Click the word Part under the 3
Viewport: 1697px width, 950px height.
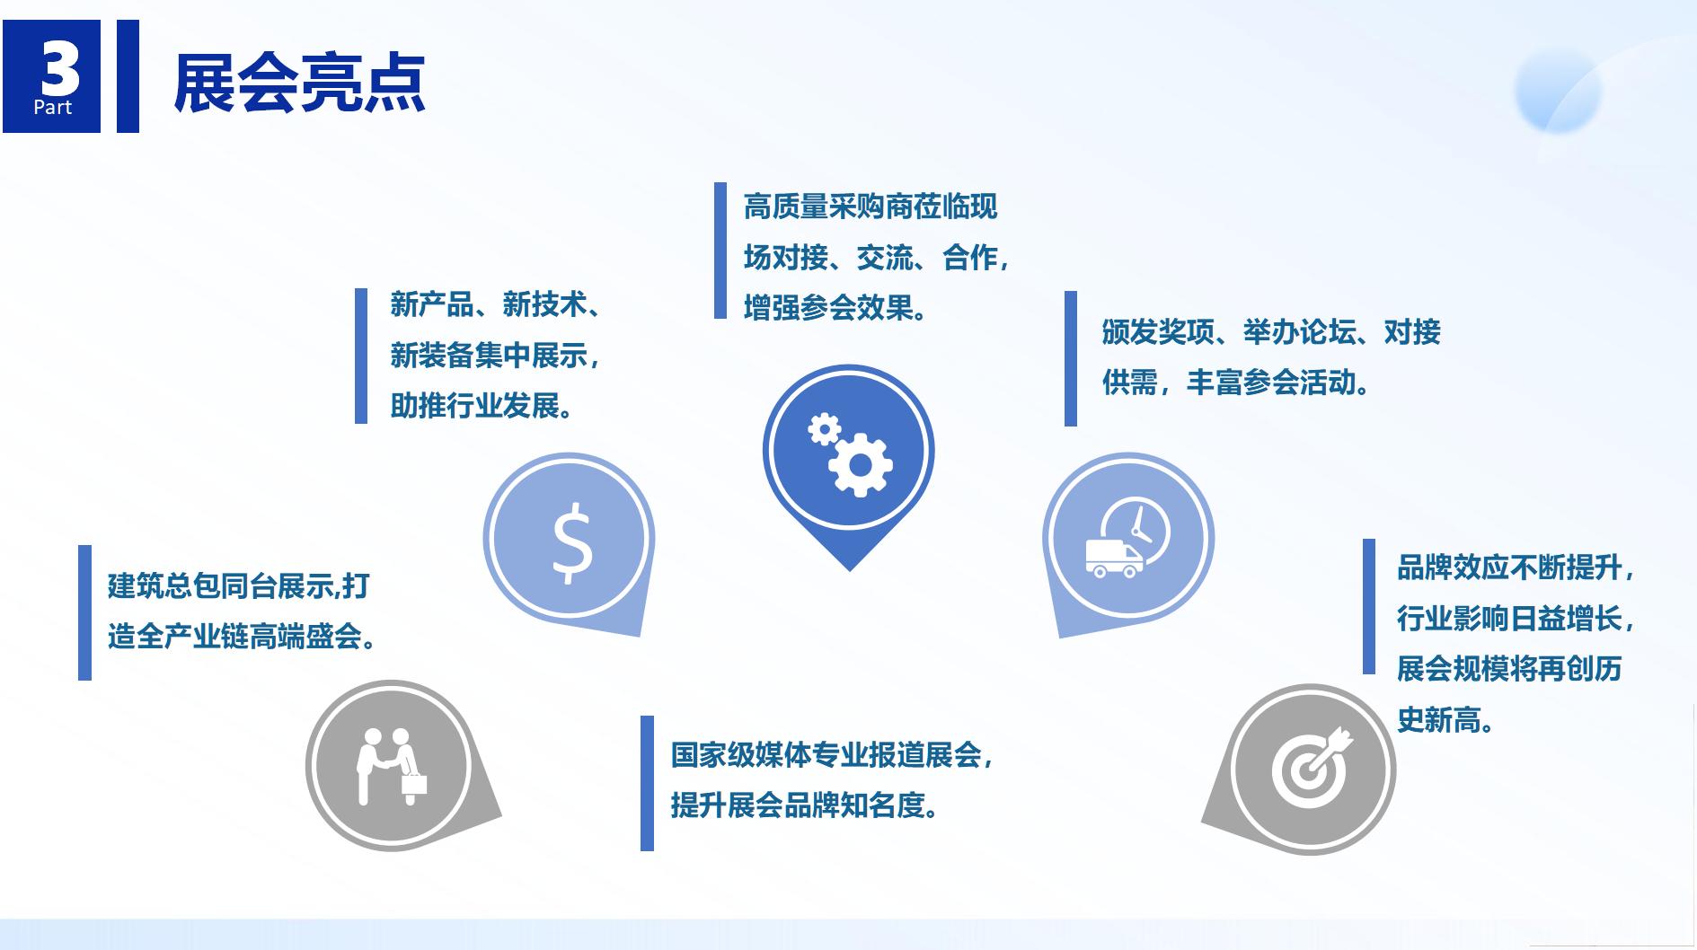pyautogui.click(x=53, y=108)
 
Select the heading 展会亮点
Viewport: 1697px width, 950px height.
pyautogui.click(x=299, y=83)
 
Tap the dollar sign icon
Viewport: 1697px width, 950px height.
pyautogui.click(x=571, y=542)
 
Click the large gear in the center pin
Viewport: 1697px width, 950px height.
pyautogui.click(x=861, y=464)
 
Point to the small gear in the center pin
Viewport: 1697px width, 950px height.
pyautogui.click(x=823, y=429)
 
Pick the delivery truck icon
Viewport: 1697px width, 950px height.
pyautogui.click(x=1114, y=558)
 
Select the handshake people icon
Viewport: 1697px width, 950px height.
pyautogui.click(x=392, y=766)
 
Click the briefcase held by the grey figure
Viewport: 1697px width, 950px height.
pyautogui.click(x=414, y=784)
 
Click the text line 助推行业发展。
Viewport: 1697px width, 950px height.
pyautogui.click(x=482, y=406)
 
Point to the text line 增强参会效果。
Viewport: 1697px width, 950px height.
pyautogui.click(x=836, y=308)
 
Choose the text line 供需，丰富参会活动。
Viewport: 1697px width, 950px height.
pyautogui.click(x=1237, y=383)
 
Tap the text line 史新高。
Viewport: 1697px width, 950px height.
pyautogui.click(x=1446, y=719)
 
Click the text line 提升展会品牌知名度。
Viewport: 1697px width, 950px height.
pyautogui.click(x=807, y=805)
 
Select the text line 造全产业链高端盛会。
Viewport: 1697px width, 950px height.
pyautogui.click(x=243, y=637)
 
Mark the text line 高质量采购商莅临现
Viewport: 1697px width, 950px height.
pyautogui.click(x=871, y=207)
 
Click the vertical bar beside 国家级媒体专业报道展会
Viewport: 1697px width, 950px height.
pyautogui.click(x=647, y=783)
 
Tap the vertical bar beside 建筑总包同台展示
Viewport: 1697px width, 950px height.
pyautogui.click(x=85, y=612)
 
